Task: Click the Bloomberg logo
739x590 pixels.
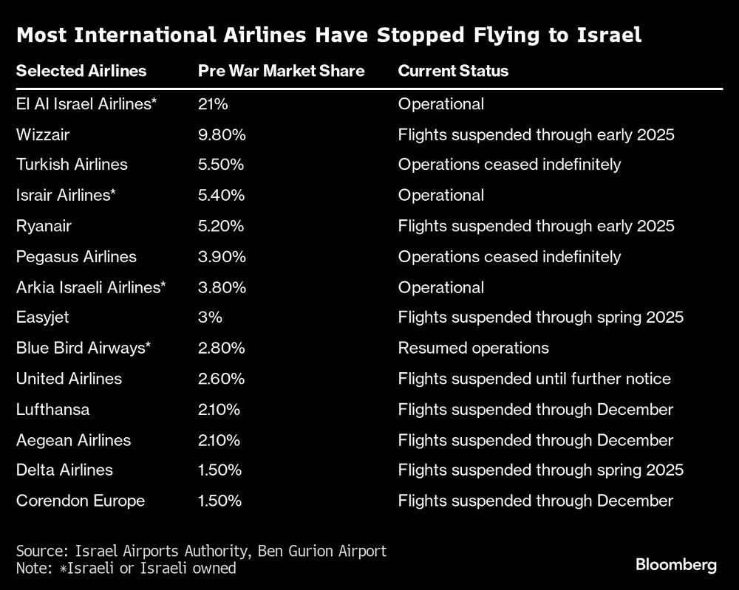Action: coord(676,565)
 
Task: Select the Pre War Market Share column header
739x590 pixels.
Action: coord(282,72)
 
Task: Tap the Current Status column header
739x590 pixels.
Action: coord(453,72)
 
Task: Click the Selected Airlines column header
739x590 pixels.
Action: coord(81,72)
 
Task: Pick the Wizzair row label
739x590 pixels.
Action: coord(43,134)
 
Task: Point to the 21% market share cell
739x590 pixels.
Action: coord(213,104)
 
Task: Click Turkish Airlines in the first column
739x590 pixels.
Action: coord(72,165)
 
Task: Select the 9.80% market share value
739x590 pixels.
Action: coord(222,134)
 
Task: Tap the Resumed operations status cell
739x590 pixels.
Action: coord(473,348)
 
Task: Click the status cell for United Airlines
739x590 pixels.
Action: coord(534,379)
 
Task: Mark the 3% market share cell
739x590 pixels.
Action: coord(210,318)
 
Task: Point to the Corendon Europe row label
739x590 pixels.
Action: coord(81,501)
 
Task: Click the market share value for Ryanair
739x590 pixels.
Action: coord(221,226)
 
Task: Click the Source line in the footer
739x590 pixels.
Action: coord(201,551)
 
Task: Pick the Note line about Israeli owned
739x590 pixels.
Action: coord(126,568)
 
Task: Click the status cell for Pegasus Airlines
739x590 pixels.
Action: coord(509,256)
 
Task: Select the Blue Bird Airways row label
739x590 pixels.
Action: coord(84,348)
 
